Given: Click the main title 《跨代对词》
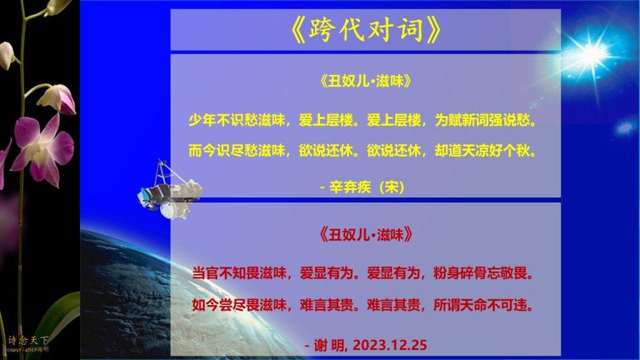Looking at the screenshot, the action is pyautogui.click(x=366, y=30).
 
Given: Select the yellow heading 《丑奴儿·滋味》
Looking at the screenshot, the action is pyautogui.click(x=365, y=81).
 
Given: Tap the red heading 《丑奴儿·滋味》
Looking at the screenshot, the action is pyautogui.click(x=365, y=235).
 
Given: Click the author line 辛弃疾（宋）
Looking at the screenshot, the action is pyautogui.click(x=367, y=187).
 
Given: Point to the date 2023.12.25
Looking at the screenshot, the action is pyautogui.click(x=390, y=345).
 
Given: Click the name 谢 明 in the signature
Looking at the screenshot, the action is pyautogui.click(x=330, y=346).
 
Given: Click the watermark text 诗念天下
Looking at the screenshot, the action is pyautogui.click(x=27, y=340).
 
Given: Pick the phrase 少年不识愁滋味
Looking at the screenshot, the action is pyautogui.click(x=237, y=120).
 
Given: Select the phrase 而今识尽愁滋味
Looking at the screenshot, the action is pyautogui.click(x=237, y=151).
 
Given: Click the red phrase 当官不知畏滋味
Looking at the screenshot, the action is pyautogui.click(x=239, y=273).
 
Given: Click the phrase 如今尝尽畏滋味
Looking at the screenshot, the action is pyautogui.click(x=239, y=305).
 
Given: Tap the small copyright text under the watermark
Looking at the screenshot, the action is pyautogui.click(x=27, y=350).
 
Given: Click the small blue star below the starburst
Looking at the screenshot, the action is pyautogui.click(x=624, y=127).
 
